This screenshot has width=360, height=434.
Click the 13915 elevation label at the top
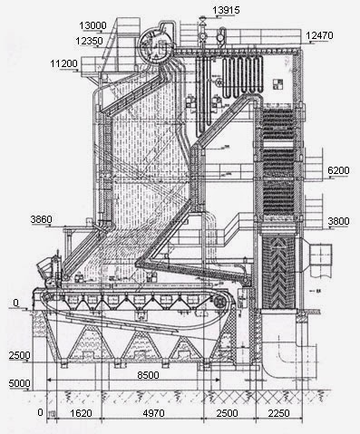point(229,9)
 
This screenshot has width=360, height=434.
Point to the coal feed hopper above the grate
point(45,268)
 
